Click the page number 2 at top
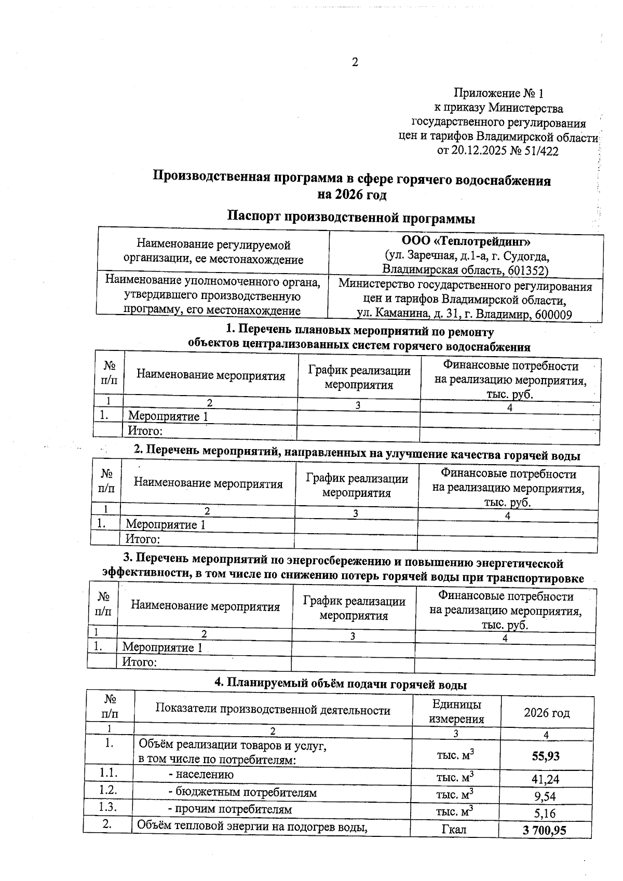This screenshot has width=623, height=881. (x=355, y=63)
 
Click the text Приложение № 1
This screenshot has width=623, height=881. (x=498, y=93)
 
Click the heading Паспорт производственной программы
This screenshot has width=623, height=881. (x=351, y=217)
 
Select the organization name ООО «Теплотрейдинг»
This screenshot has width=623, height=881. (x=466, y=242)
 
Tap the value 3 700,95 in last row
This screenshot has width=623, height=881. (x=544, y=830)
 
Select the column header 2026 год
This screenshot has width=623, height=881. (x=546, y=713)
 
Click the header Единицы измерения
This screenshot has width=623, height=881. (x=456, y=711)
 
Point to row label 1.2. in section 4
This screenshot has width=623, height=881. (x=109, y=790)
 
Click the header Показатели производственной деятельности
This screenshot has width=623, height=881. (x=273, y=710)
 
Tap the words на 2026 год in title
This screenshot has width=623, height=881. (x=351, y=195)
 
